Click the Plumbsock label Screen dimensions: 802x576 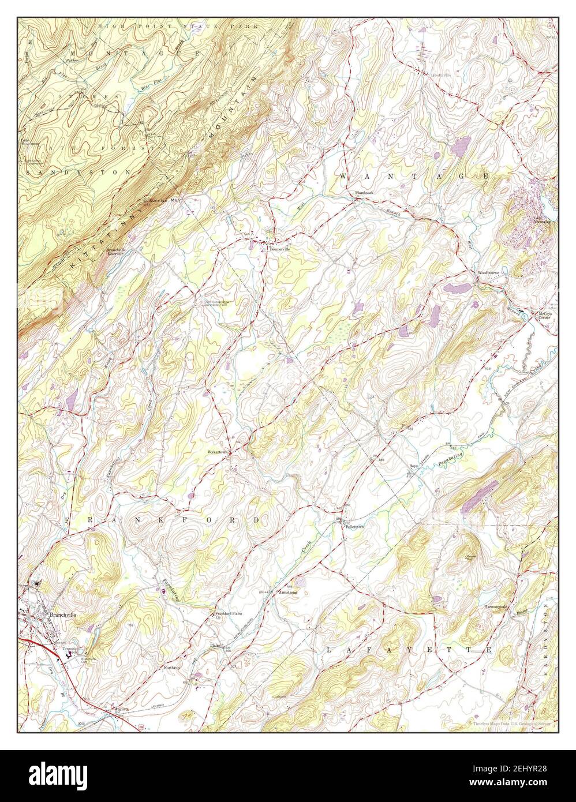(365, 192)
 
